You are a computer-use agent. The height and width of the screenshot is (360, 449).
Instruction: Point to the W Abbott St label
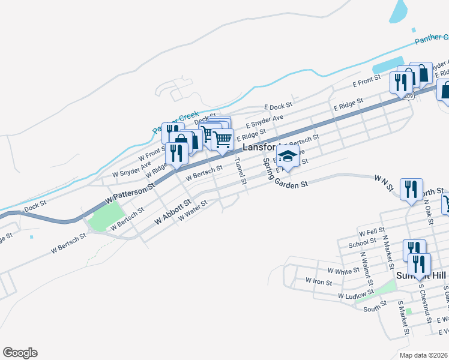(x=172, y=212)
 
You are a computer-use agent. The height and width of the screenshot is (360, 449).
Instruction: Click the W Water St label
(x=193, y=211)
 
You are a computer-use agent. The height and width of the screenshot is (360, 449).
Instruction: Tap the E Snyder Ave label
(x=264, y=121)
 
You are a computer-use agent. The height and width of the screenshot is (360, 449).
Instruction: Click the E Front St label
(x=367, y=80)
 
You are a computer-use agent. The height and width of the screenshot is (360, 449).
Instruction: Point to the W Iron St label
(x=318, y=280)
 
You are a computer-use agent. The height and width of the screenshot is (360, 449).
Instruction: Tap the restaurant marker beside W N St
(x=411, y=190)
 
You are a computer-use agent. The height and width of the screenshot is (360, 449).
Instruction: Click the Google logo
(x=20, y=353)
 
